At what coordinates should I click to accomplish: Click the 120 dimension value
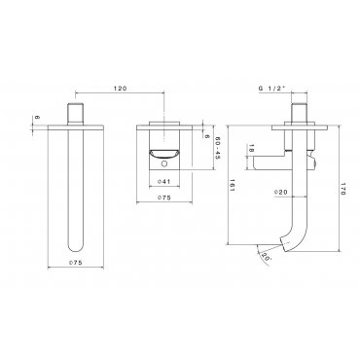pos(120,89)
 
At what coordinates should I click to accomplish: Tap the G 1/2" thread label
pos(271,88)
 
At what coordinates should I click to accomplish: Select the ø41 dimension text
pos(163,182)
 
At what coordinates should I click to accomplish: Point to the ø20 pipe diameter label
pos(281,192)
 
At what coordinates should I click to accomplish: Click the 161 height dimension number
pos(232,185)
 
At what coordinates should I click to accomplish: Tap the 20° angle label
pos(265,257)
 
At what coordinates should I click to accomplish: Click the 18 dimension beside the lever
pos(251,150)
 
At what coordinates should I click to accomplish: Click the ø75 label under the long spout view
pos(75,263)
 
